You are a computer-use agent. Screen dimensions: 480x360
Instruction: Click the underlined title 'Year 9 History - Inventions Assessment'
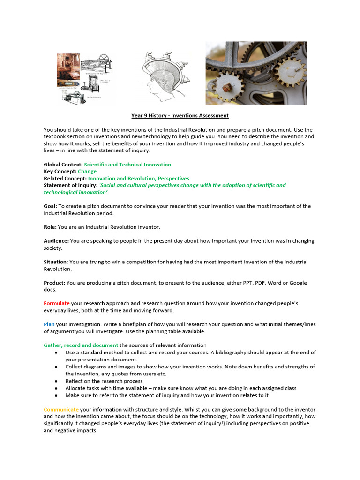[180, 115]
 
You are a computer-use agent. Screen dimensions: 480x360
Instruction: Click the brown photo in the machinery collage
[67, 70]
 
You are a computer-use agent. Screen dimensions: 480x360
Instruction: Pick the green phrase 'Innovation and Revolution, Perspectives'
[139, 179]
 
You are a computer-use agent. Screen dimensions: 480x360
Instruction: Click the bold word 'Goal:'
[50, 206]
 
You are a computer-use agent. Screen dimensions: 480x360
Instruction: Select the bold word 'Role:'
[50, 227]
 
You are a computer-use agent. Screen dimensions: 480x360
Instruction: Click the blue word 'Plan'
[49, 324]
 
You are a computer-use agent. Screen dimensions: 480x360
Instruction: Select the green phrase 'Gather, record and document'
[81, 345]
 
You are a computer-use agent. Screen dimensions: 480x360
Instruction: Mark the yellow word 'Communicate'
[61, 410]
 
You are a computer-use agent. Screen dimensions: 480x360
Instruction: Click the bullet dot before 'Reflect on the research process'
[56, 381]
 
